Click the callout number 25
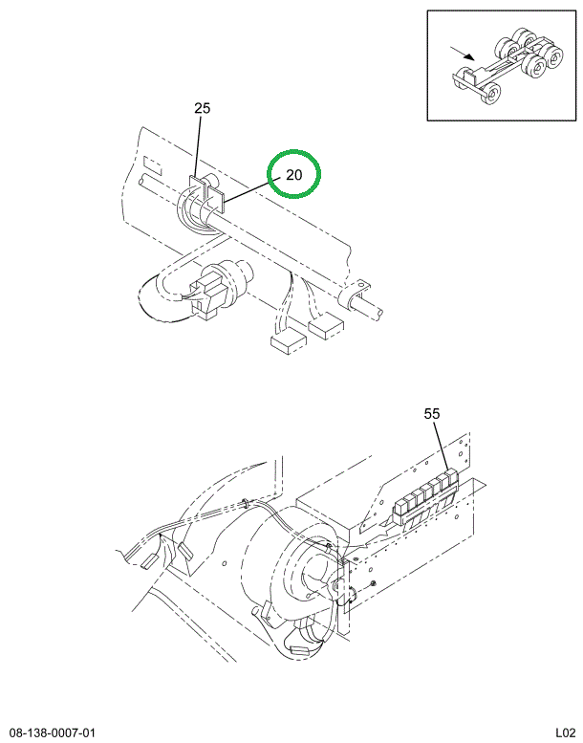(x=202, y=109)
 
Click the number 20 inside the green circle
(x=293, y=175)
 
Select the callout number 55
(x=431, y=413)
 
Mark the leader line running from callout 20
(x=249, y=189)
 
